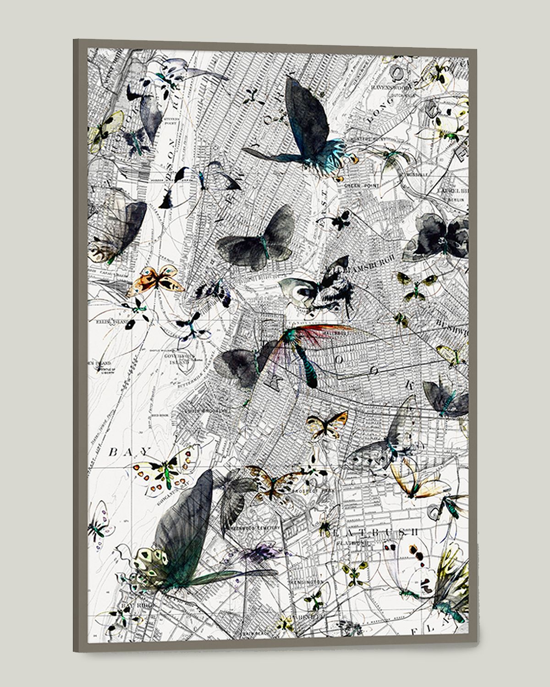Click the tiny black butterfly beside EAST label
click(x=340, y=221)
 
